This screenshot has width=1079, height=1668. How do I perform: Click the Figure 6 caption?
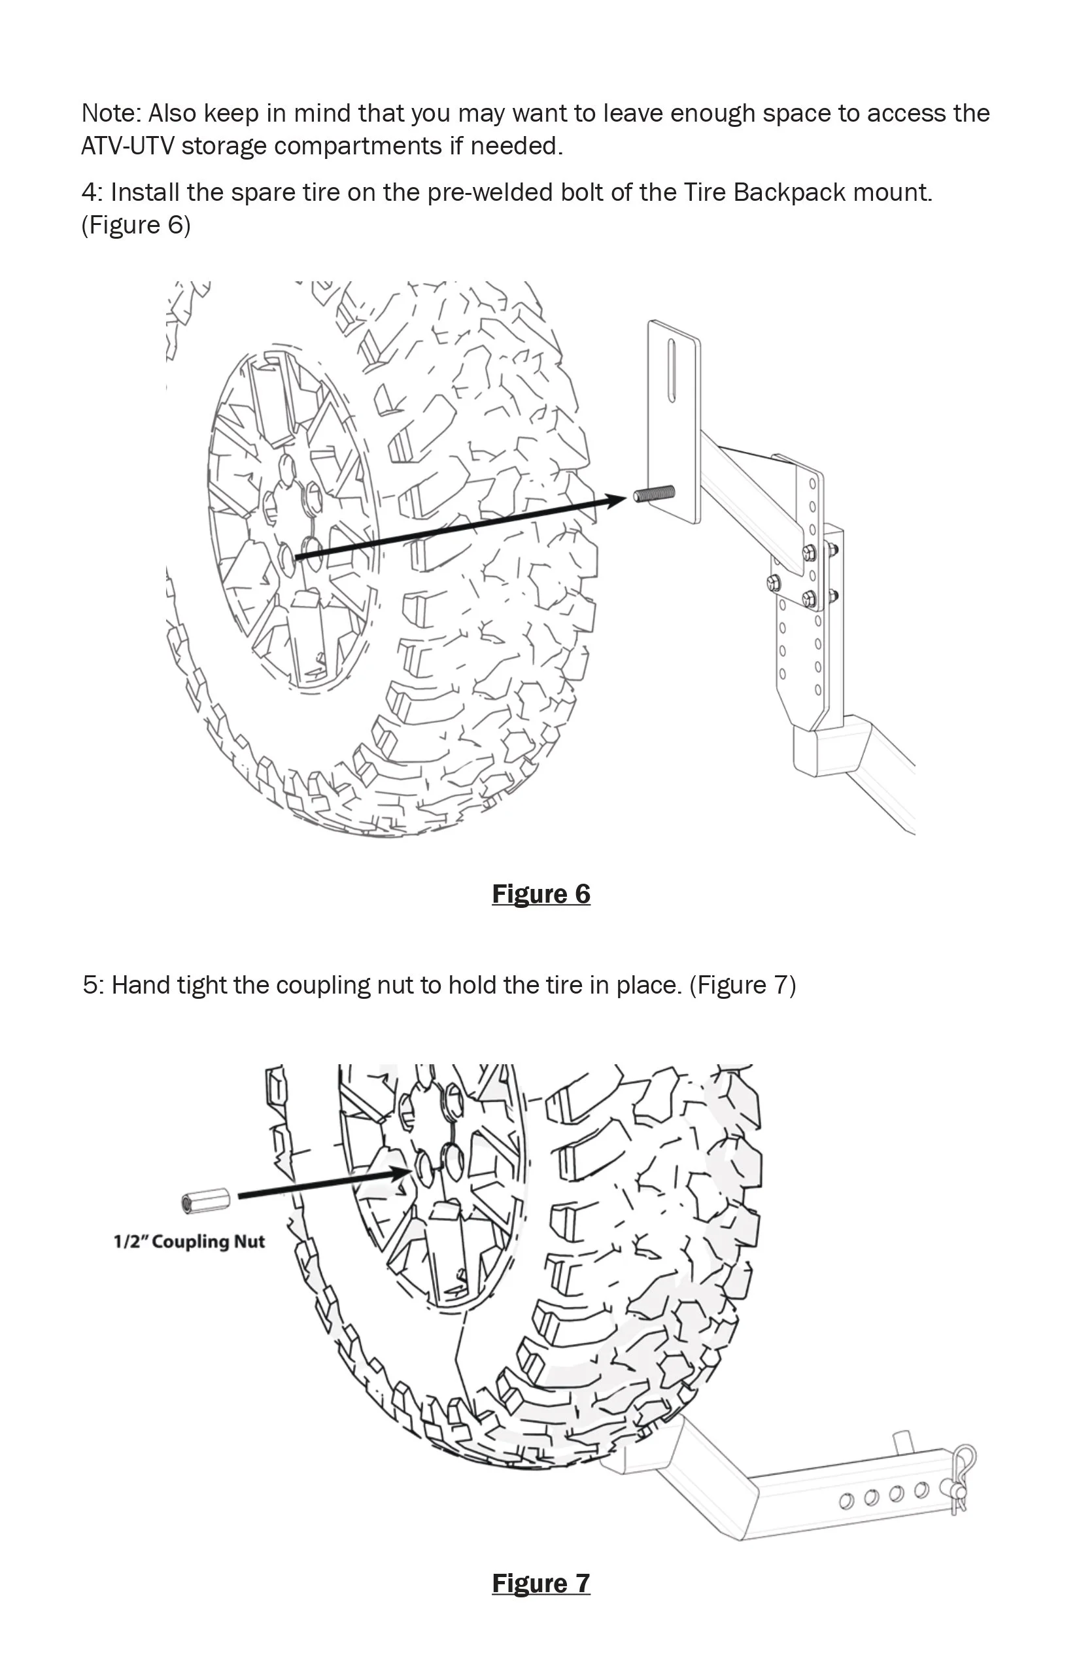(541, 894)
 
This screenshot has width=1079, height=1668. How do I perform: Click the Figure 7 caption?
(541, 1582)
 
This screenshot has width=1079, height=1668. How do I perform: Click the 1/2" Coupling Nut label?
(189, 1242)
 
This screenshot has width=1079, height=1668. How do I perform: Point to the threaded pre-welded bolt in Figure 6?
(655, 493)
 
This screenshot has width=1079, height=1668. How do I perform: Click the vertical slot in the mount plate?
(672, 371)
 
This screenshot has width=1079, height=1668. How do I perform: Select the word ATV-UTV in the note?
(128, 146)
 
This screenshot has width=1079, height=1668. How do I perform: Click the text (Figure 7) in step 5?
(743, 985)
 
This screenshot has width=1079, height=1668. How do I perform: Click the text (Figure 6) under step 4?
(136, 225)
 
